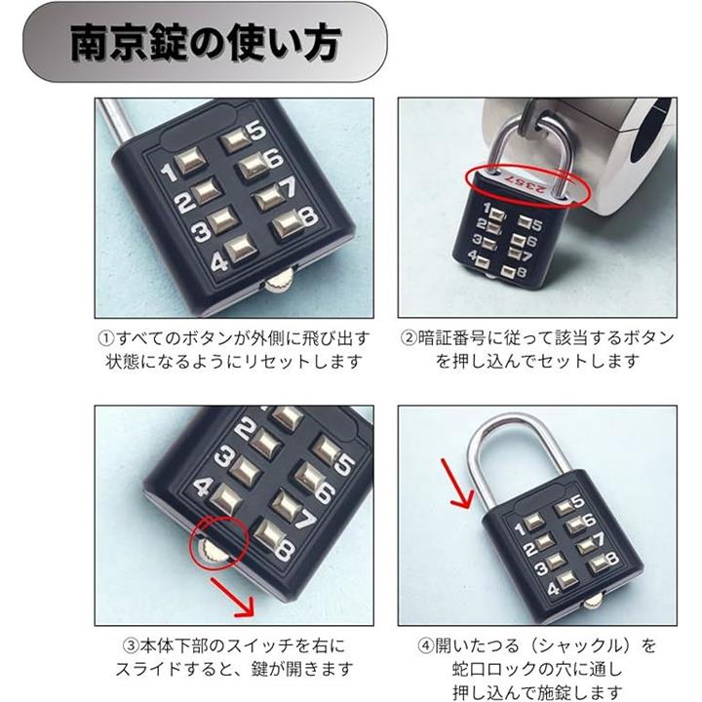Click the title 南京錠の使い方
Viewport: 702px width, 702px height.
206,43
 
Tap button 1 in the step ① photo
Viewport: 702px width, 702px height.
189,161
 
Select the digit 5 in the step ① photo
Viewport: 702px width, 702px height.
256,130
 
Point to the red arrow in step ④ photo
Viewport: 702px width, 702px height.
456,484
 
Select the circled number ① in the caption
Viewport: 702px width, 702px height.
106,338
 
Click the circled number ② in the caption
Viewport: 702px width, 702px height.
409,338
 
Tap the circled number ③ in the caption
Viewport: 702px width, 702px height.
131,646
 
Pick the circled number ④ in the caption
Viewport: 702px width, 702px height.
426,646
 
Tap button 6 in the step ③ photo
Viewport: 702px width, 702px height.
308,477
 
